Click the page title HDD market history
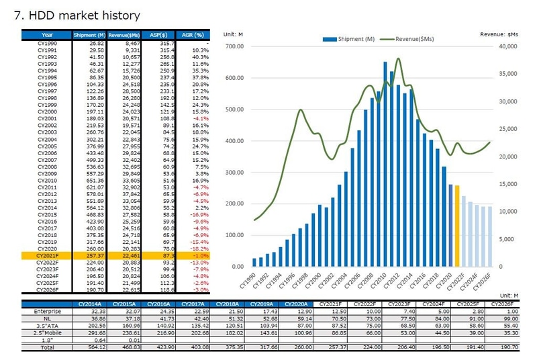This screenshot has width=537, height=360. pos(77,15)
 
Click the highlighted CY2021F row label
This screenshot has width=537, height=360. pos(47,255)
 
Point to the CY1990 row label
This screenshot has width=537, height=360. pos(47,43)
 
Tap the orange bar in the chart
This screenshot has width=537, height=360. pos(457,225)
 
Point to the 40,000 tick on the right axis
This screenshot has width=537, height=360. pos(507,46)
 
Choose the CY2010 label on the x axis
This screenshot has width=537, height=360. pos(379,280)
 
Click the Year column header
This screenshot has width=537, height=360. pos(47,35)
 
